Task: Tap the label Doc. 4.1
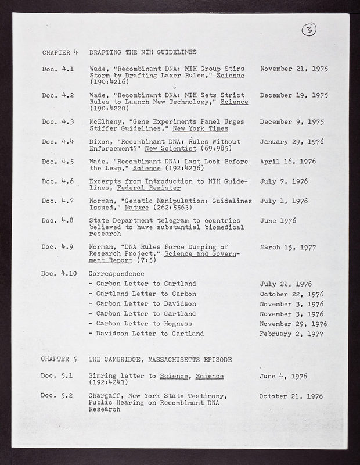pyautogui.click(x=57, y=69)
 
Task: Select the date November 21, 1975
pyautogui.click(x=294, y=69)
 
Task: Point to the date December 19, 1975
pyautogui.click(x=294, y=95)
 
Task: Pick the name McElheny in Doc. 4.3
pyautogui.click(x=105, y=121)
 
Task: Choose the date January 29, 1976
pyautogui.click(x=291, y=141)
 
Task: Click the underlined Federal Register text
pyautogui.click(x=149, y=188)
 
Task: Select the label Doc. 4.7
pyautogui.click(x=57, y=201)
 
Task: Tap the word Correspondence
pyautogui.click(x=116, y=273)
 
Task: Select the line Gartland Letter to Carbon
pyautogui.click(x=146, y=294)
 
